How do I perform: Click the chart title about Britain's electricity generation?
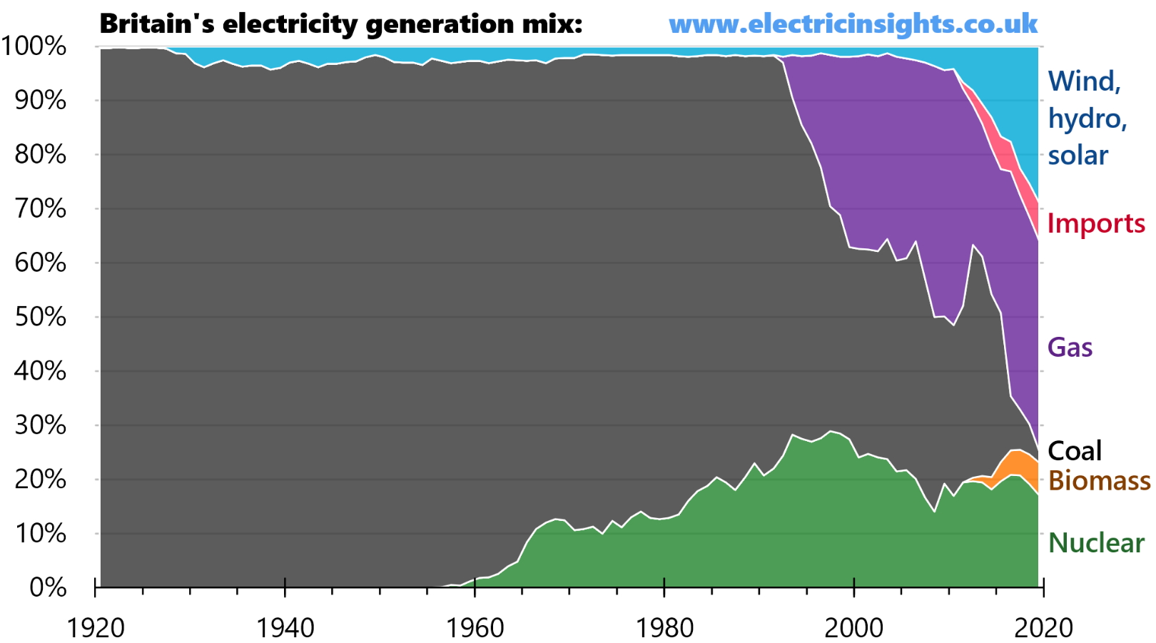pos(340,24)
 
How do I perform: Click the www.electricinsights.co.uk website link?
pos(853,24)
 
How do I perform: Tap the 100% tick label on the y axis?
pos(34,46)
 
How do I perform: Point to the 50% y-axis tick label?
pos(40,317)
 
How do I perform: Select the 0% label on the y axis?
pos(47,587)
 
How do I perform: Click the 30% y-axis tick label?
pos(40,425)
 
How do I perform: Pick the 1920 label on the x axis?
pos(96,628)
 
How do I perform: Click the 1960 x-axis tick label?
pos(475,628)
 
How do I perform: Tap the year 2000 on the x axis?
pos(853,628)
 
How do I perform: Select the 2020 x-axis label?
pos(1043,628)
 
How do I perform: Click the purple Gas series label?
pos(1070,348)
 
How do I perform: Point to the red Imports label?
pos(1095,223)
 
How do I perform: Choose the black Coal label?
pos(1075,450)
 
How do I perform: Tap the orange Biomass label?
pos(1099,480)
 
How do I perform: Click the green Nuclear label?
pos(1096,543)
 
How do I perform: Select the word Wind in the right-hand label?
pos(1083,81)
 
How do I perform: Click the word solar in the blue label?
pos(1078,156)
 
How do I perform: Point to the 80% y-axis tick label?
pos(40,155)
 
